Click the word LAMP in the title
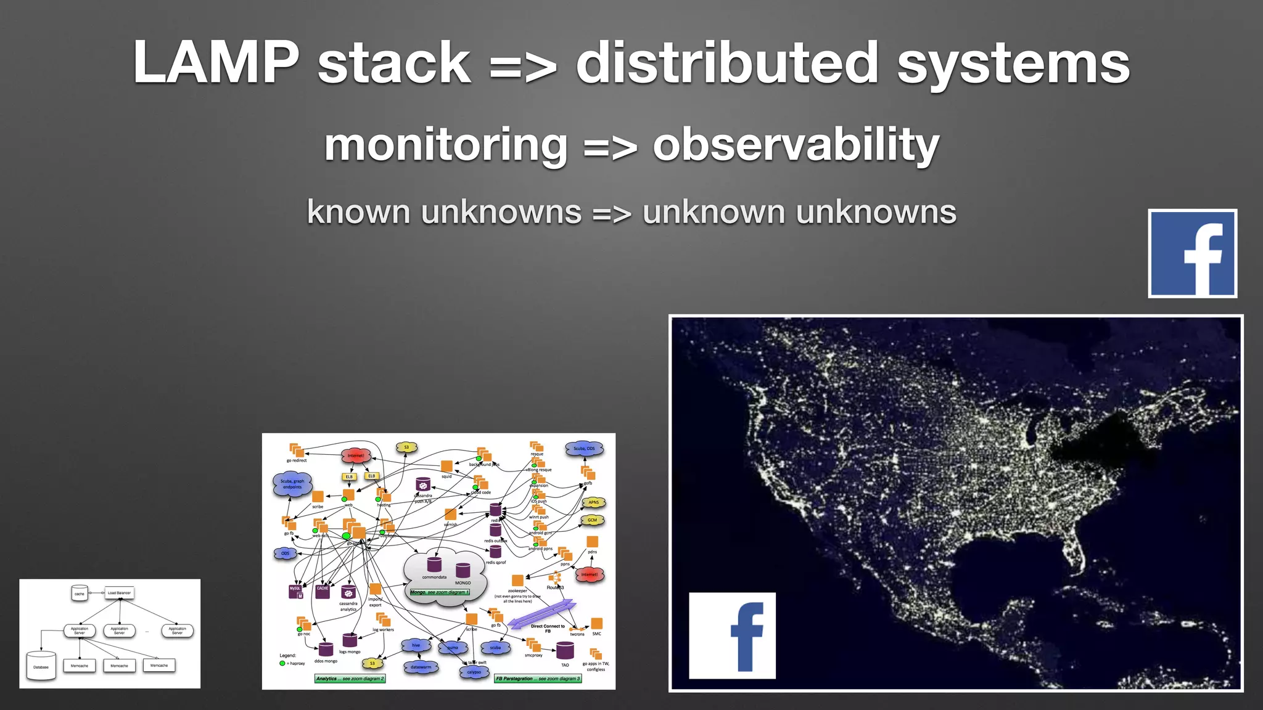coord(216,63)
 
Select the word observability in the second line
coord(796,145)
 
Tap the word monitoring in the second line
coord(445,145)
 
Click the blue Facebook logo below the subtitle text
coord(1192,253)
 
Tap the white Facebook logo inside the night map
coord(732,635)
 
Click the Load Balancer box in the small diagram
coord(119,593)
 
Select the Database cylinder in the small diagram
coord(41,666)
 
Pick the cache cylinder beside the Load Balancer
coord(79,593)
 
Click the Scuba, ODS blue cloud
coord(584,449)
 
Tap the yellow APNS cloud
coord(593,502)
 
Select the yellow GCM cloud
coord(592,520)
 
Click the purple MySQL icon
coord(295,590)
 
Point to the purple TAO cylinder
coord(565,650)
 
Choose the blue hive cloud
coord(416,645)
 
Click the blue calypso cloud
coord(474,672)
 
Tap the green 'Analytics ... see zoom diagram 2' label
coord(350,679)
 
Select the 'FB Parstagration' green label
coord(538,679)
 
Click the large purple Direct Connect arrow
coord(542,613)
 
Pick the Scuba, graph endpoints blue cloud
coord(292,484)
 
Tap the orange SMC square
coord(596,623)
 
